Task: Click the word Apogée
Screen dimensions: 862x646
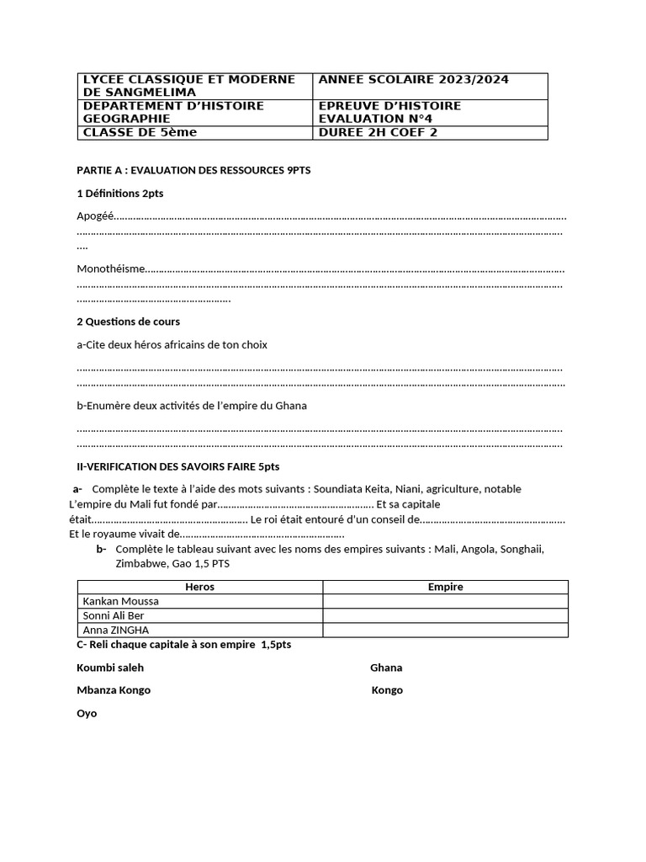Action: pyautogui.click(x=95, y=216)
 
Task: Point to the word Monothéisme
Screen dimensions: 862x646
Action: pyautogui.click(x=110, y=269)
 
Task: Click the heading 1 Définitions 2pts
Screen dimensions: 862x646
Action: pyautogui.click(x=119, y=194)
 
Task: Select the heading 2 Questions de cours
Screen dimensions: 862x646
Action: pyautogui.click(x=128, y=322)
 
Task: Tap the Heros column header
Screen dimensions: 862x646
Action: pyautogui.click(x=199, y=587)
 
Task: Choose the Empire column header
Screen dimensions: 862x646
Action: pyautogui.click(x=445, y=587)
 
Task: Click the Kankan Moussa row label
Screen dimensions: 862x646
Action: pyautogui.click(x=120, y=601)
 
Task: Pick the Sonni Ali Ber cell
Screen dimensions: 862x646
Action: pyautogui.click(x=114, y=615)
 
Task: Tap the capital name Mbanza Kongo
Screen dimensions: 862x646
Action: pyautogui.click(x=114, y=690)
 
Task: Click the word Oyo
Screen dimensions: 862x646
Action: pyautogui.click(x=87, y=713)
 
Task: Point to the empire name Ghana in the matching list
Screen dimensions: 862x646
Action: pyautogui.click(x=386, y=668)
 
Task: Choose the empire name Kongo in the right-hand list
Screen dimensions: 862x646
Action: pyautogui.click(x=387, y=690)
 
